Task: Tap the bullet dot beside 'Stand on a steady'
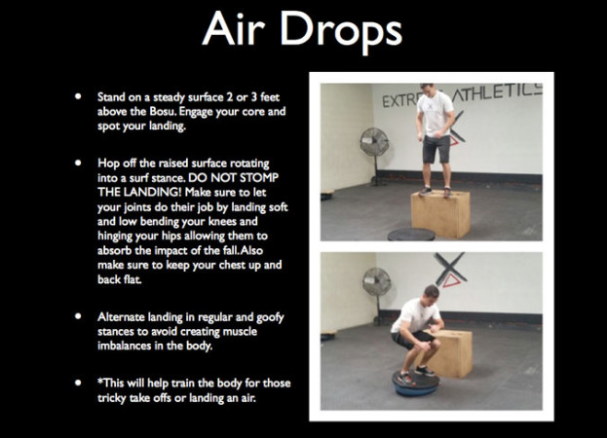[x=77, y=98]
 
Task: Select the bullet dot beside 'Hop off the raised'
[x=77, y=164]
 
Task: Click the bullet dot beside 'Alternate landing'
[x=77, y=318]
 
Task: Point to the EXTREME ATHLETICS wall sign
[x=458, y=96]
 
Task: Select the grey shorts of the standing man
[x=436, y=147]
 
